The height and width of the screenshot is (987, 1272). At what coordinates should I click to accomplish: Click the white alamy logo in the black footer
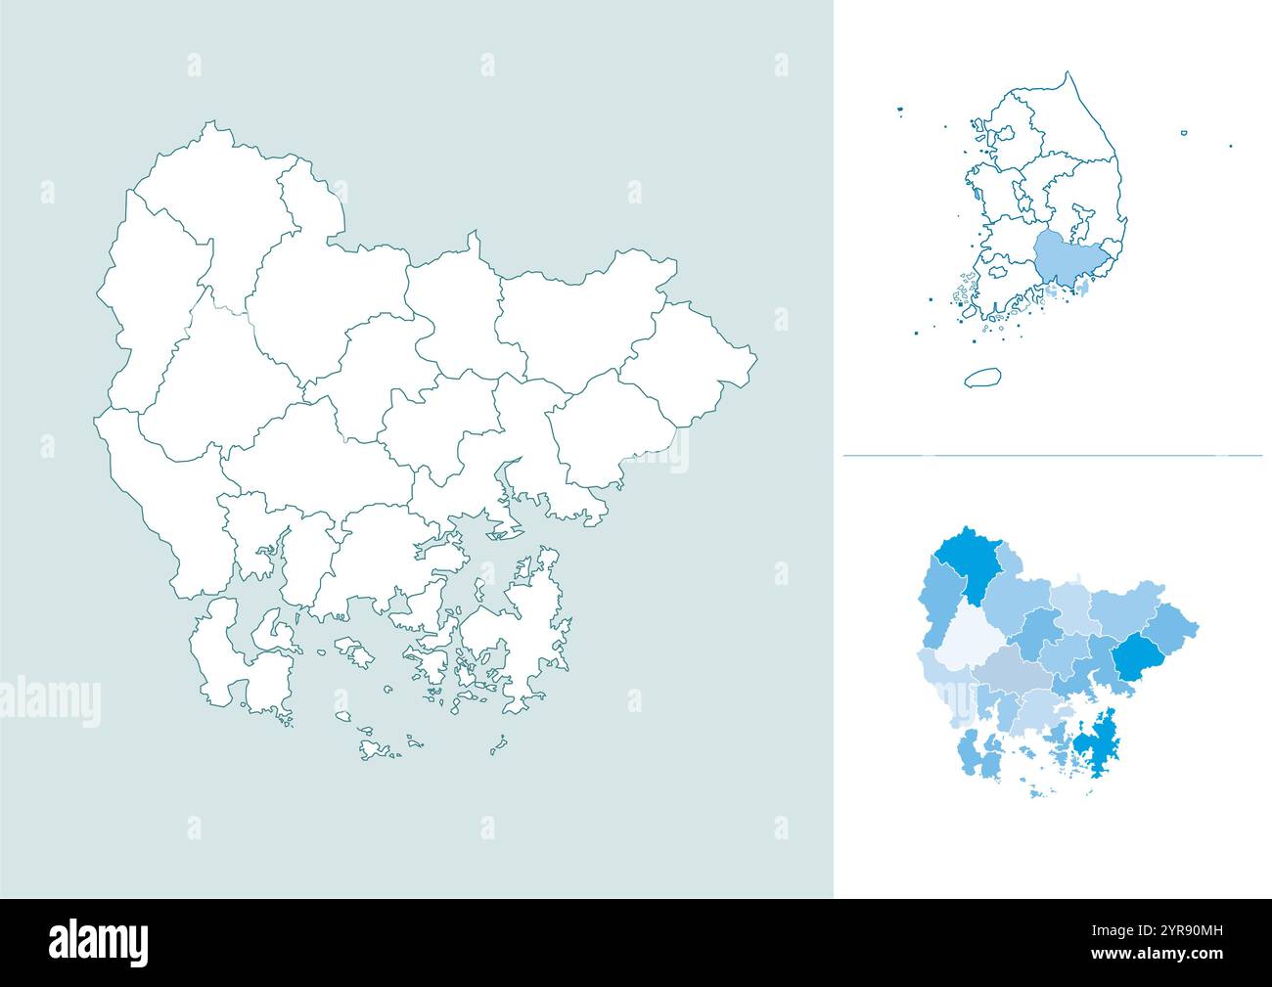[99, 942]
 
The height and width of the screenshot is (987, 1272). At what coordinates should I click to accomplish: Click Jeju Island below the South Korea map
[981, 378]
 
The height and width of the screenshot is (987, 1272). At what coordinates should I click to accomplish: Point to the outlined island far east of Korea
[1183, 132]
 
